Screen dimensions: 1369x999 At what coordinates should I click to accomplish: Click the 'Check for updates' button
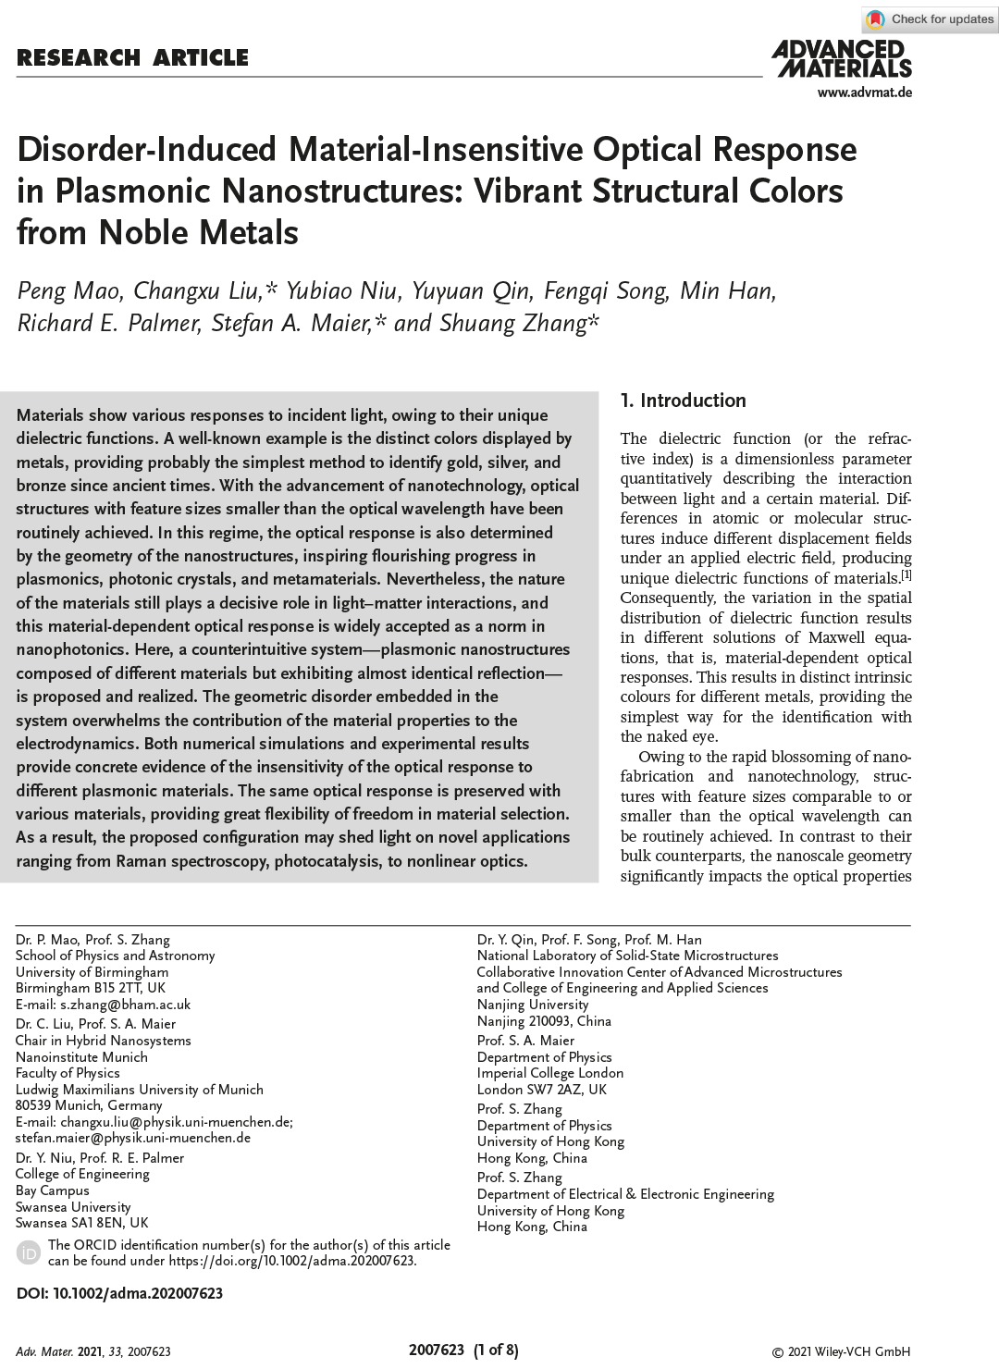[x=930, y=19]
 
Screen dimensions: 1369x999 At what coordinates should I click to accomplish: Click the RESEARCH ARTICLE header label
[x=132, y=58]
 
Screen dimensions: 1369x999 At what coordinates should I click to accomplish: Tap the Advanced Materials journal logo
[x=842, y=58]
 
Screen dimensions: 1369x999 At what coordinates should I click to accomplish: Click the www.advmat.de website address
[x=864, y=92]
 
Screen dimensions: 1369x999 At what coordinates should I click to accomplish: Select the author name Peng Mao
[x=68, y=291]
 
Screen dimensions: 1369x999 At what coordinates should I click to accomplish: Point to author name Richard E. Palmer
[x=108, y=324]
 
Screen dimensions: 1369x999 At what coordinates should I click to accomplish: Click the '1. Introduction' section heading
[x=683, y=401]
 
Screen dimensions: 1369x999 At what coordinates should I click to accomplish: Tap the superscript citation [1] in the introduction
[x=906, y=575]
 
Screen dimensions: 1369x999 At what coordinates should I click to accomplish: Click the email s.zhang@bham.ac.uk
[x=125, y=1005]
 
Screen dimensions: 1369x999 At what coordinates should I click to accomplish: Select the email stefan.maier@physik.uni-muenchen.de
[x=132, y=1138]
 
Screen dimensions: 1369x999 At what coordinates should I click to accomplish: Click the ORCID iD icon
[x=29, y=1252]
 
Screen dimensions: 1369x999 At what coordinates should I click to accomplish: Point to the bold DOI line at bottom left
[x=119, y=1293]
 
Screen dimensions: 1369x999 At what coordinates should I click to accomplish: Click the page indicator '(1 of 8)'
[x=496, y=1350]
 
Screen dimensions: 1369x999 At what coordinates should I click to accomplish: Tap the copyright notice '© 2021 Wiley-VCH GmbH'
[x=841, y=1351]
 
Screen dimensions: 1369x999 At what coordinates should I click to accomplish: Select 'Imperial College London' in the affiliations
[x=549, y=1073]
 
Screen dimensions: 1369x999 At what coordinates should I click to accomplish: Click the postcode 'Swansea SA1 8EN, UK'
[x=81, y=1223]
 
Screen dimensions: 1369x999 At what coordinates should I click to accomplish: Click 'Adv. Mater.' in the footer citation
[x=43, y=1351]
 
